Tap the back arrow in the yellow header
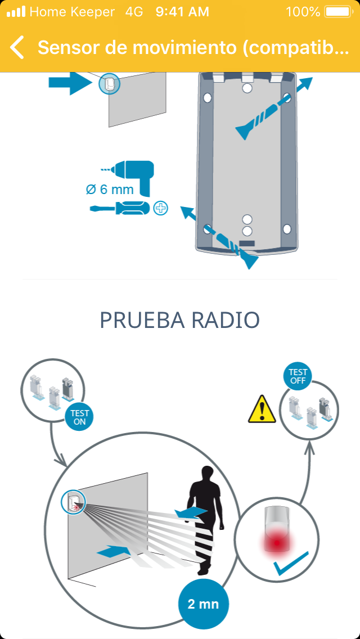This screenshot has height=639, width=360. point(17,47)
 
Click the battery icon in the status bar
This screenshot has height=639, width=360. point(339,12)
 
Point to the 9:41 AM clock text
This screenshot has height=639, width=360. point(182,12)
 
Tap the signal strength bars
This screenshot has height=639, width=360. point(16,12)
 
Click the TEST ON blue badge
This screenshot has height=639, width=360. point(80,417)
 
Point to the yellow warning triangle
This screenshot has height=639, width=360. point(262,409)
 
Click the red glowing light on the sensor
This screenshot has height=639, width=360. point(277,542)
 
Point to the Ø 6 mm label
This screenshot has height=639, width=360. point(110,190)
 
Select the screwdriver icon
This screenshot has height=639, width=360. point(120,208)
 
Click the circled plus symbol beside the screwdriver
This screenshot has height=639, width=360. point(161,209)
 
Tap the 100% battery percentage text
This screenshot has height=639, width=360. point(303,12)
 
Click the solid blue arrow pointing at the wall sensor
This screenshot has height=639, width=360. point(71,82)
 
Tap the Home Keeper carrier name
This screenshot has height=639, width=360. point(72,12)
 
